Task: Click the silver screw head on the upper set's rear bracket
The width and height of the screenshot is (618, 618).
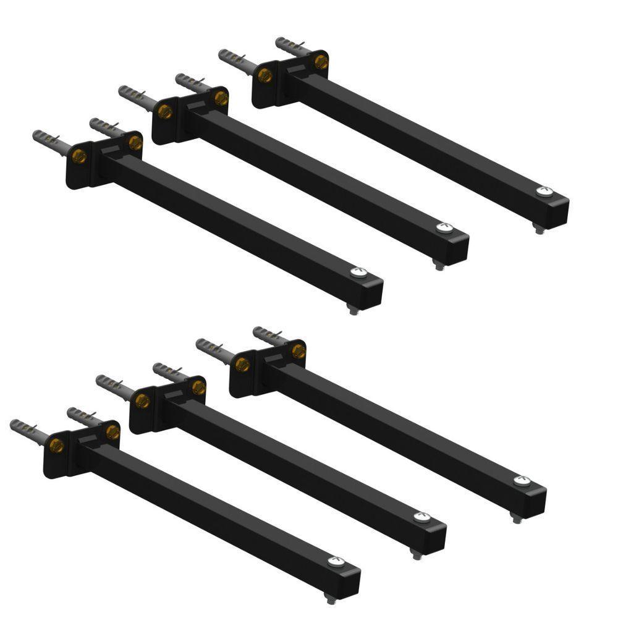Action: (544, 192)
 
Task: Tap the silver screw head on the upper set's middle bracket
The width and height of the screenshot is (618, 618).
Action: (444, 228)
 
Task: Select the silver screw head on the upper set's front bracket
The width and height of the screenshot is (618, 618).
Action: (358, 272)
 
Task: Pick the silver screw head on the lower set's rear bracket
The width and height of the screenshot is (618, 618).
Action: (522, 480)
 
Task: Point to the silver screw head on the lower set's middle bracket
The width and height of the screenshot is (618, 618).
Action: (421, 517)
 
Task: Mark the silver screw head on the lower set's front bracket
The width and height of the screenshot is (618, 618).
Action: (336, 561)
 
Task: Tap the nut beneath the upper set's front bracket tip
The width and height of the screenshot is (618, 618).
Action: (353, 308)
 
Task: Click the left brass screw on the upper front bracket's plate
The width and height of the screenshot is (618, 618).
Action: (79, 156)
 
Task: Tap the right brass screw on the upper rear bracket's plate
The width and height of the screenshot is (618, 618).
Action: (321, 61)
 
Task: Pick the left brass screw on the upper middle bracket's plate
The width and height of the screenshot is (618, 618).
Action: (165, 112)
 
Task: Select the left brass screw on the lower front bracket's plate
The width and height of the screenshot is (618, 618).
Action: (57, 445)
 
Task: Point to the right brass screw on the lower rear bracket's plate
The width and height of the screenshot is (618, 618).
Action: (298, 350)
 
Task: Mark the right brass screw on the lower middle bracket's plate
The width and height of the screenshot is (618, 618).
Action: (198, 387)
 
